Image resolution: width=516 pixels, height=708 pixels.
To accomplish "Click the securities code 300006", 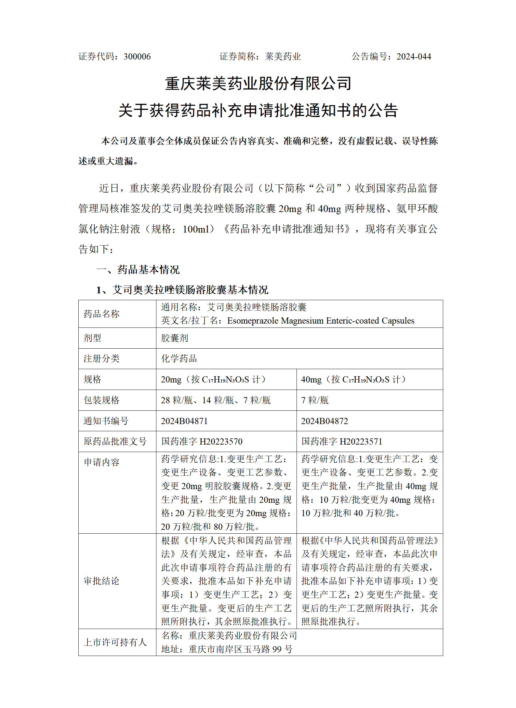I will [x=137, y=57].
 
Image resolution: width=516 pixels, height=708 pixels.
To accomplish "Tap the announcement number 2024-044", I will [x=414, y=57].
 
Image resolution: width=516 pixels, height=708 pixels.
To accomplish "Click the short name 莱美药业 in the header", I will [x=283, y=57].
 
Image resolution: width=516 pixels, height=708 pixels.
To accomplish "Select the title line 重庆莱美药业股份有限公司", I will [x=258, y=84].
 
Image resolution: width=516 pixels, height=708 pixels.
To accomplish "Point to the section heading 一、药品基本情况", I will [x=138, y=269].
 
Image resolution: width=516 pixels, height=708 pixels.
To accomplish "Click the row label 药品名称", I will [x=101, y=314].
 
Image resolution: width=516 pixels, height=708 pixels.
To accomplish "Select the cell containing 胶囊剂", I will [x=175, y=338].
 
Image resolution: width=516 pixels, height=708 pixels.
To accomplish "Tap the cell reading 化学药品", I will [x=179, y=358].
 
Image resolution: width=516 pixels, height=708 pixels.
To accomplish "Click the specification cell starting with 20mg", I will [x=213, y=379].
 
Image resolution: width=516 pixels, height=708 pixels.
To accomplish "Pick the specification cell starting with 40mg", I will [x=353, y=379].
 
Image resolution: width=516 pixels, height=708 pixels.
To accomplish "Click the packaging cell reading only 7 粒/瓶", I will [x=315, y=400].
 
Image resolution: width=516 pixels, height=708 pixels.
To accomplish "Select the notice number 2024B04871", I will [x=184, y=421].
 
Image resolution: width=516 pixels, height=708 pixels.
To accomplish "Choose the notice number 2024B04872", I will [x=324, y=421].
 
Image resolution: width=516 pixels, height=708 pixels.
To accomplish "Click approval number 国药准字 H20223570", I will [x=202, y=441].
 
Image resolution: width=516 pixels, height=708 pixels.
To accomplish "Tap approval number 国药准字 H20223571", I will [x=342, y=441].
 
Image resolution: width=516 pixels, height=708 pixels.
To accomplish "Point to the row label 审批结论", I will [x=101, y=581].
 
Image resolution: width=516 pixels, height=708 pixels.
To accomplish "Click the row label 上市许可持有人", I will [x=115, y=642].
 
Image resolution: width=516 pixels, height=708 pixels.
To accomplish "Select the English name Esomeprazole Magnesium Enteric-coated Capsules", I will [x=321, y=321].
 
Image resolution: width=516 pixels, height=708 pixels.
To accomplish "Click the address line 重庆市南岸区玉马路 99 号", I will [x=241, y=649].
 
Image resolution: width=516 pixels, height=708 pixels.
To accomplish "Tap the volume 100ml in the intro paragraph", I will [x=196, y=229].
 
